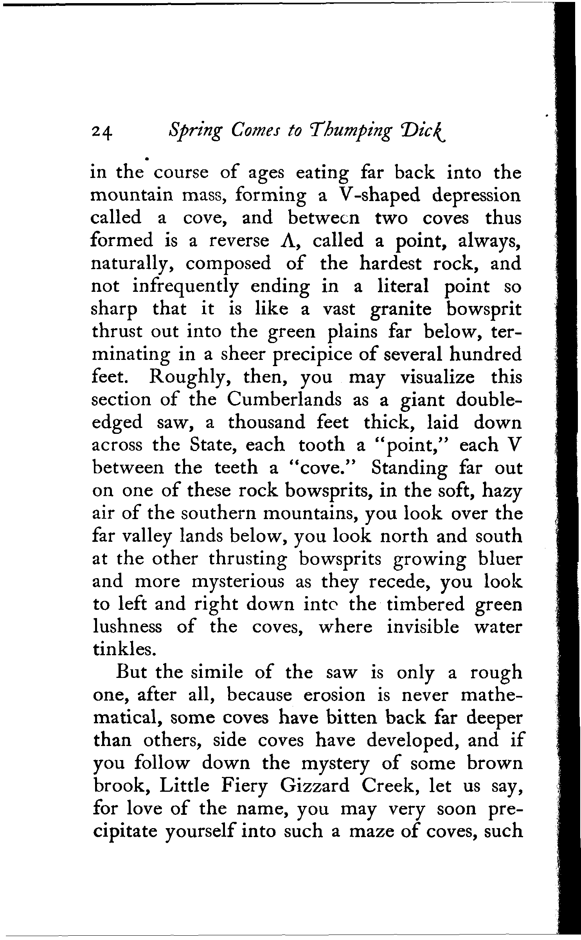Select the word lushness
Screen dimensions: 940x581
pyautogui.click(x=127, y=627)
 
